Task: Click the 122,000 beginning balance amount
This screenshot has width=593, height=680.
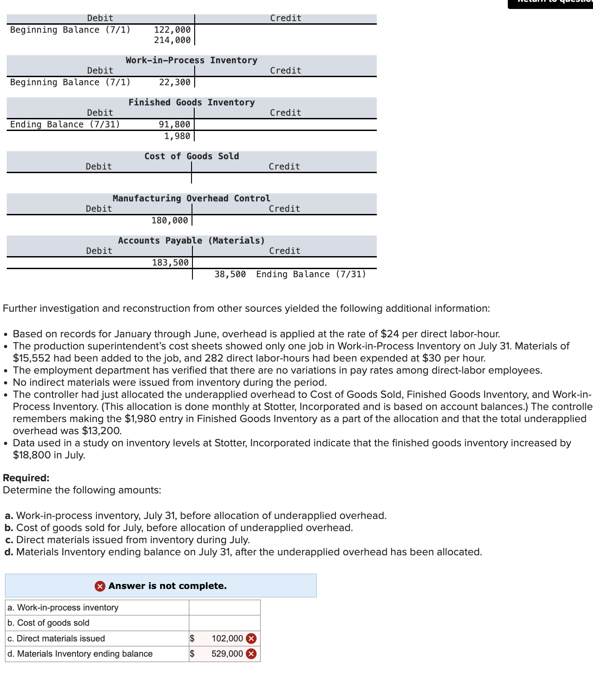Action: coord(172,30)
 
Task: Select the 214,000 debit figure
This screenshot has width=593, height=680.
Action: coord(172,40)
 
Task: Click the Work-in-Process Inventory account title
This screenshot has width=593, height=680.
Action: coord(192,60)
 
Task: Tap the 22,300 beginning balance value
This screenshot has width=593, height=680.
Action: coord(174,82)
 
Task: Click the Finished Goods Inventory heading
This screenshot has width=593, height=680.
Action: coord(192,102)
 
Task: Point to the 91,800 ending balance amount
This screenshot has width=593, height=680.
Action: coord(174,124)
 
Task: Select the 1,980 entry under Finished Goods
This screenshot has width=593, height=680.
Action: coord(177,136)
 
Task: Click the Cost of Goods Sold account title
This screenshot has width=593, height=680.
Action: coord(192,156)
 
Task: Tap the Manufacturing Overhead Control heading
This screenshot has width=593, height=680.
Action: coord(192,198)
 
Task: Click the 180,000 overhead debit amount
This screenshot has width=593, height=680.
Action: coord(170,220)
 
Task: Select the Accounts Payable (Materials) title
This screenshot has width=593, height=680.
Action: coord(192,240)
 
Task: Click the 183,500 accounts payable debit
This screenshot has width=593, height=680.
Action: coord(170,262)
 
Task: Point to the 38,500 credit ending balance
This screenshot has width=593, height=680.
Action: coord(230,274)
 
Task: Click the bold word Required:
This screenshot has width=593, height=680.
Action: coord(26,478)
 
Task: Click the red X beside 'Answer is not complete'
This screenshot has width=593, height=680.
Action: coord(100,586)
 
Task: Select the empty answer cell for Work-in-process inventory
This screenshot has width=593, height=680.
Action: coord(224,607)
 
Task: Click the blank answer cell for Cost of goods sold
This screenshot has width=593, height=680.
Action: coord(224,623)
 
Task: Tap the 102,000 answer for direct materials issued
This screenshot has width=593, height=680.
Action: coord(227,638)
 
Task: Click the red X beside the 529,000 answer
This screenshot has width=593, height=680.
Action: coord(252,654)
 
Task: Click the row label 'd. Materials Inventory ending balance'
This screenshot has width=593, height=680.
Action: coord(80,654)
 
